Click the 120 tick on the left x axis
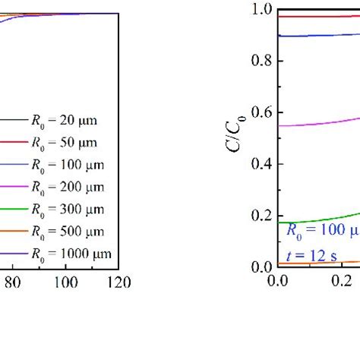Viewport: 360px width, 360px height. coord(119,283)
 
